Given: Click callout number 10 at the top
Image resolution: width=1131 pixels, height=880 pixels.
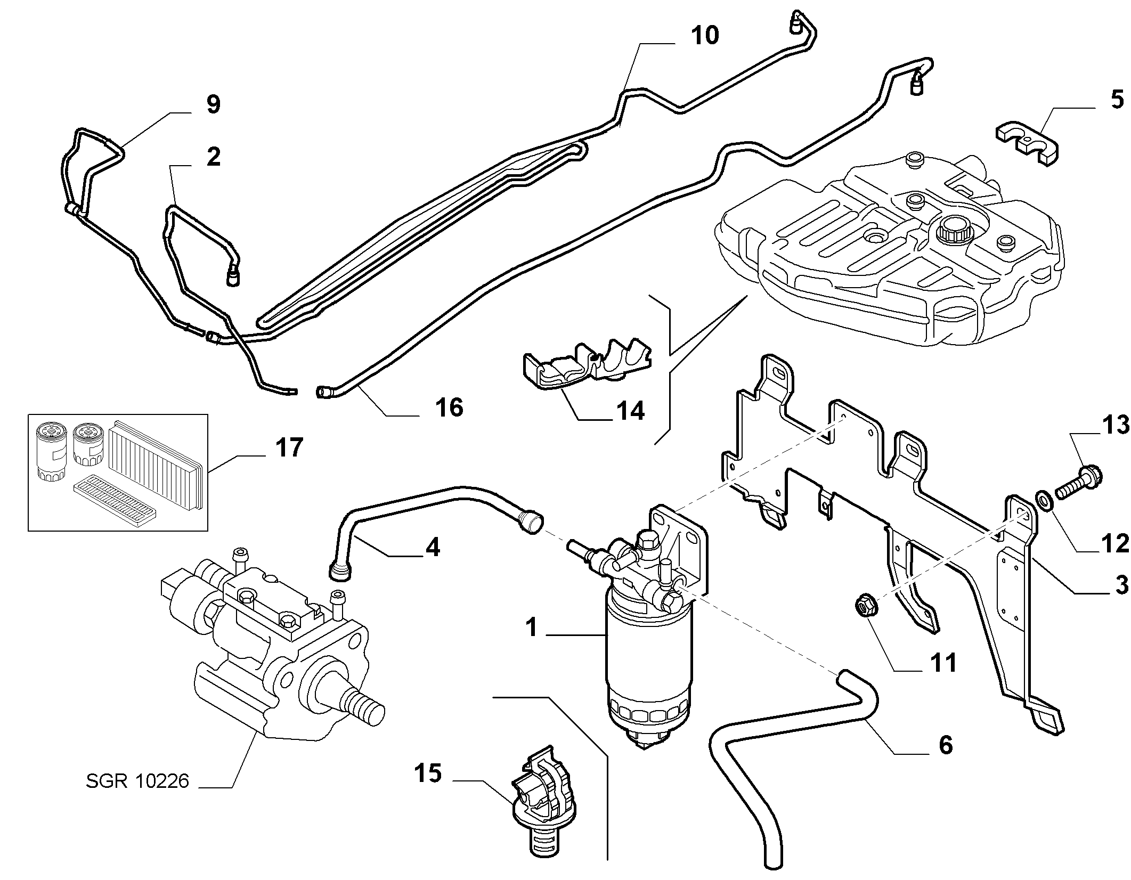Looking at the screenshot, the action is [x=705, y=35].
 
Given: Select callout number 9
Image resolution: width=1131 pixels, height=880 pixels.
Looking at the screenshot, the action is [x=213, y=104].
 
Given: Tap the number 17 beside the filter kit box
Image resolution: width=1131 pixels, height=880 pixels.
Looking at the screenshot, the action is [x=289, y=447].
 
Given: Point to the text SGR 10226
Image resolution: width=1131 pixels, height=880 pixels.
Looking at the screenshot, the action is [x=137, y=781].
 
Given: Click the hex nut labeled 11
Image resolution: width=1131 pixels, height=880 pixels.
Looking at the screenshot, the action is [x=866, y=606].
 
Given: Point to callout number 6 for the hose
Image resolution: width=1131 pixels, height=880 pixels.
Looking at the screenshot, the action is [x=946, y=745].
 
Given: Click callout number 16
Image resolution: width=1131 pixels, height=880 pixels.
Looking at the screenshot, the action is [x=449, y=408].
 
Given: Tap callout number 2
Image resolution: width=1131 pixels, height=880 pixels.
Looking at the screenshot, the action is [x=213, y=157].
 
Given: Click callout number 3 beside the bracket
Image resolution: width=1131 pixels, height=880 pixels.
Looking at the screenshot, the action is [x=1121, y=584].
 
